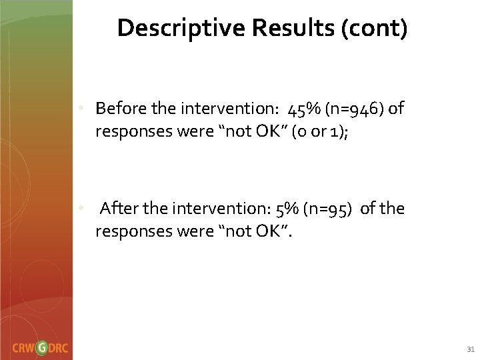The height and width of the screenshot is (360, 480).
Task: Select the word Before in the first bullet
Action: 117,109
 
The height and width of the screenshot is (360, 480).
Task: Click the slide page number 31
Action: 470,348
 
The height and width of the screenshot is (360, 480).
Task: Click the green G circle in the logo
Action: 42,347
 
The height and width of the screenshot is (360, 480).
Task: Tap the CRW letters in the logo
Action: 23,347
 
